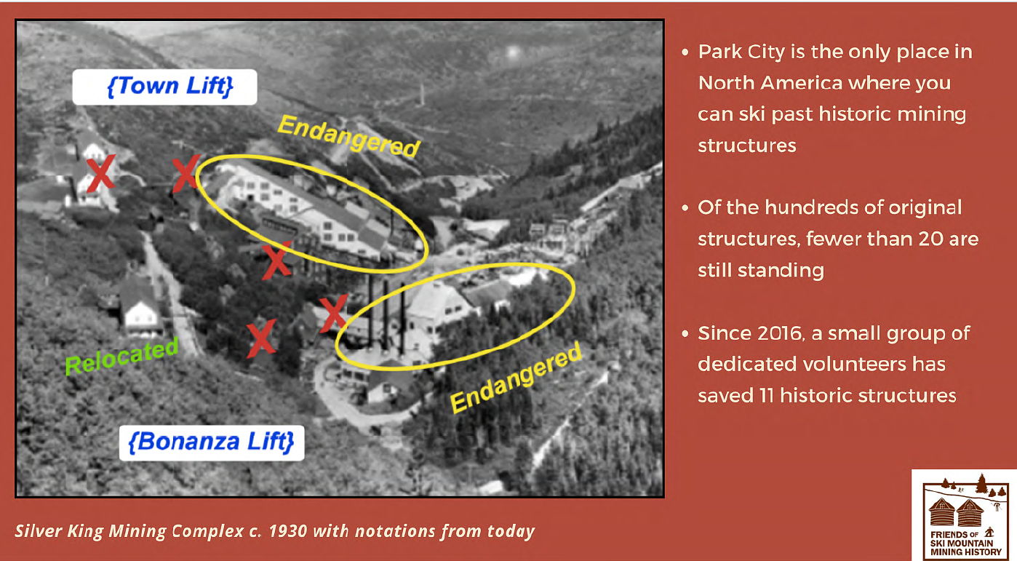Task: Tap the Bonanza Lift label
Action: tap(212, 442)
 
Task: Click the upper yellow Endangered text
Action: tap(348, 136)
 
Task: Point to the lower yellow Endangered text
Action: tap(516, 378)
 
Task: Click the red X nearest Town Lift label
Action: tap(186, 172)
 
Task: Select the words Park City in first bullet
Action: tap(741, 52)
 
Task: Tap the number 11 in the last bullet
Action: tap(767, 396)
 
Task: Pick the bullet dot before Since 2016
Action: tap(685, 334)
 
